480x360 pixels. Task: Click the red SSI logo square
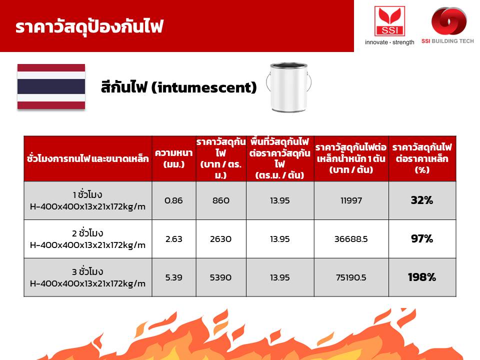[389, 21]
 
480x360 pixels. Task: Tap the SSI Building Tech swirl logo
[449, 21]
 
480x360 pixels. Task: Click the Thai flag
[51, 86]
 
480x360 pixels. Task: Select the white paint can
[288, 87]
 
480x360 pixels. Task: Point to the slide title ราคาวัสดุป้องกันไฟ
[89, 27]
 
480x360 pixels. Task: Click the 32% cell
[422, 200]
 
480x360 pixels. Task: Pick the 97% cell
[422, 239]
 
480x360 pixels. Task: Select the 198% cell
[422, 277]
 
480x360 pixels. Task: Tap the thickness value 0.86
[173, 200]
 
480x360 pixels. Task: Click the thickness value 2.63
[173, 239]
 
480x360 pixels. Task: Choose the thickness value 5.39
[173, 277]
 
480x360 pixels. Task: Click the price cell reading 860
[220, 200]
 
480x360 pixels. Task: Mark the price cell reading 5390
[220, 277]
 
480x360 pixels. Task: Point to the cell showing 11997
[351, 200]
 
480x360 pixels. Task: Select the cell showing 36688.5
[351, 239]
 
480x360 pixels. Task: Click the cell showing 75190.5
[351, 277]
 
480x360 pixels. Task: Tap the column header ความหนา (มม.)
[173, 158]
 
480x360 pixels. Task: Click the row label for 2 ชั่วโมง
[87, 239]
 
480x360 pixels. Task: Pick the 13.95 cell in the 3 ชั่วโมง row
[280, 277]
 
